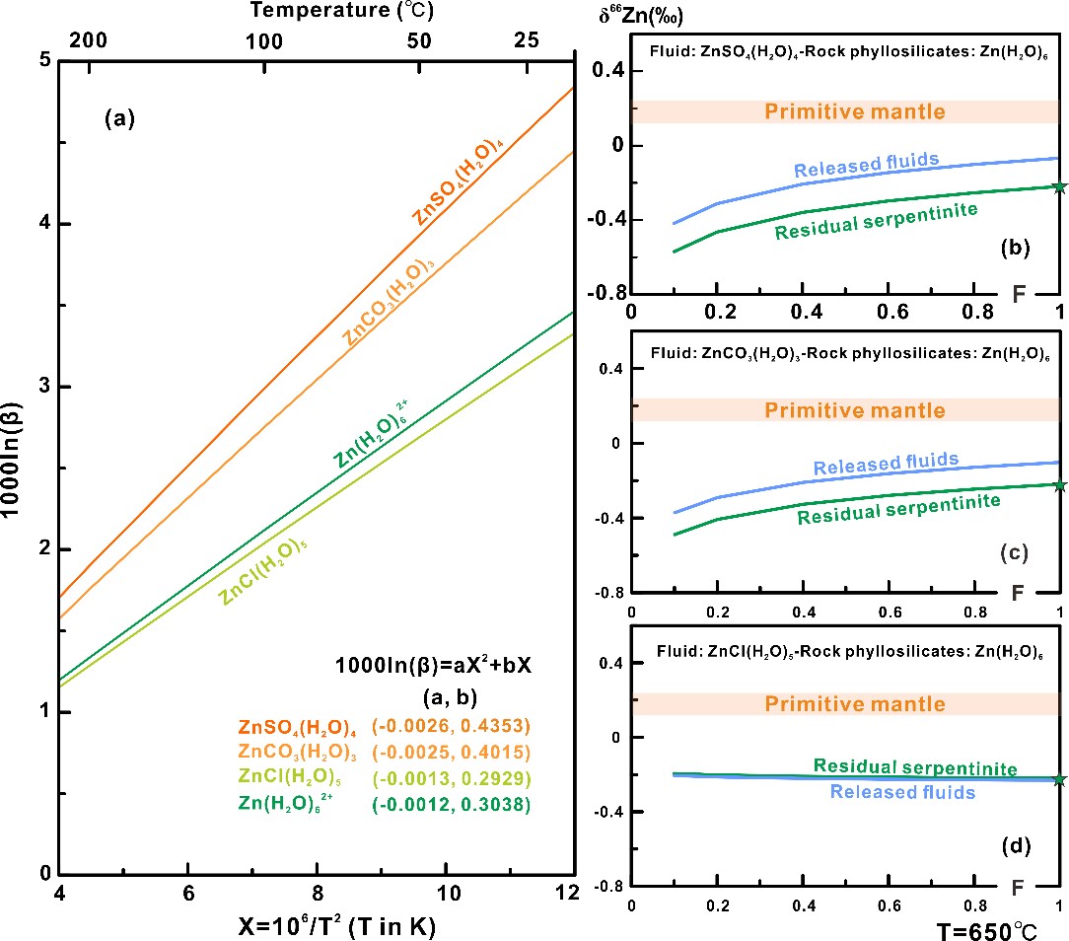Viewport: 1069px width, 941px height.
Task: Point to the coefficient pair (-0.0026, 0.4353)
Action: tap(452, 726)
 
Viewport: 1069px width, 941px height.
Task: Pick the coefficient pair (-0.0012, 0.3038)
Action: tap(452, 804)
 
